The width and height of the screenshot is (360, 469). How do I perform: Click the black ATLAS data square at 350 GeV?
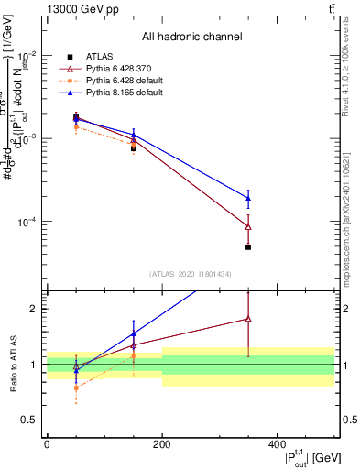pyautogui.click(x=248, y=247)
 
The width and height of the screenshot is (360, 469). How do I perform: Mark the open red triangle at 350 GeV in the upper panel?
pyautogui.click(x=248, y=226)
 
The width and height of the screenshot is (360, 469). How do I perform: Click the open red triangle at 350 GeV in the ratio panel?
pyautogui.click(x=248, y=319)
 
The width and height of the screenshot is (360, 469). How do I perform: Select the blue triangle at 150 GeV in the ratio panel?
pyautogui.click(x=134, y=333)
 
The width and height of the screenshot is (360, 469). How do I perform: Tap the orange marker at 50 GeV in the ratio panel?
pyautogui.click(x=76, y=387)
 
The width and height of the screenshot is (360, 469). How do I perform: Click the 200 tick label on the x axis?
pyautogui.click(x=161, y=443)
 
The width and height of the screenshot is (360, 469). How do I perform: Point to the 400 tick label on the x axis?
pyautogui.click(x=277, y=443)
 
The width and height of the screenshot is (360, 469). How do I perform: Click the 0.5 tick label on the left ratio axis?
pyautogui.click(x=34, y=420)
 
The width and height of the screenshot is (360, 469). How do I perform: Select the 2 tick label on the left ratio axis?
pyautogui.click(x=38, y=309)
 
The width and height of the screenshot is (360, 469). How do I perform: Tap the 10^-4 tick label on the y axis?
pyautogui.click(x=29, y=222)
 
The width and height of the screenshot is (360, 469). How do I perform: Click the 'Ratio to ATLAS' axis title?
pyautogui.click(x=12, y=364)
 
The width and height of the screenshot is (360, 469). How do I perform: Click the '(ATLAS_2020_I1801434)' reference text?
pyautogui.click(x=191, y=274)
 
